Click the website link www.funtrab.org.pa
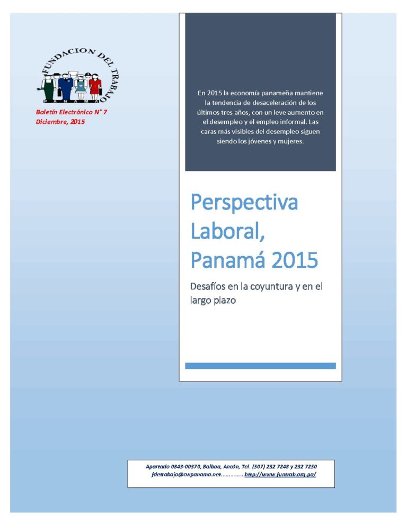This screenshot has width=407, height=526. (280, 474)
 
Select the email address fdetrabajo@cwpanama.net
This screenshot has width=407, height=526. (186, 474)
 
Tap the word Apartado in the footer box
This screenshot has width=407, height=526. (157, 467)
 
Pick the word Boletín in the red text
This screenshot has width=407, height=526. (47, 112)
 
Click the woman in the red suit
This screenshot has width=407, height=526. (95, 87)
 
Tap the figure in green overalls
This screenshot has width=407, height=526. (48, 87)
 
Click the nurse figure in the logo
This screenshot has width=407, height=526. (81, 87)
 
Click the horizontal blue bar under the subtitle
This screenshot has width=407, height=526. (260, 366)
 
